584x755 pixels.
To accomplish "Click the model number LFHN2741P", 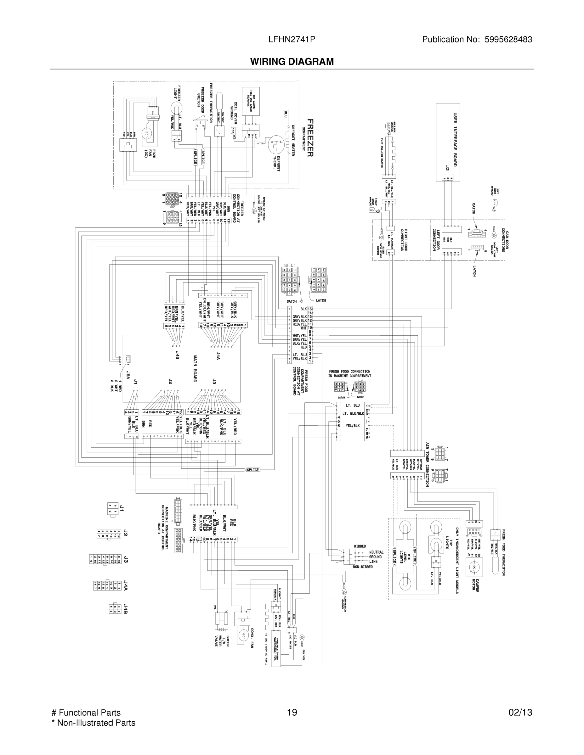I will pos(292,39).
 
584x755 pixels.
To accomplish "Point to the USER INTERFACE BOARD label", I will pos(455,139).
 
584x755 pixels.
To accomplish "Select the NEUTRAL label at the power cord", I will pos(377,552).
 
